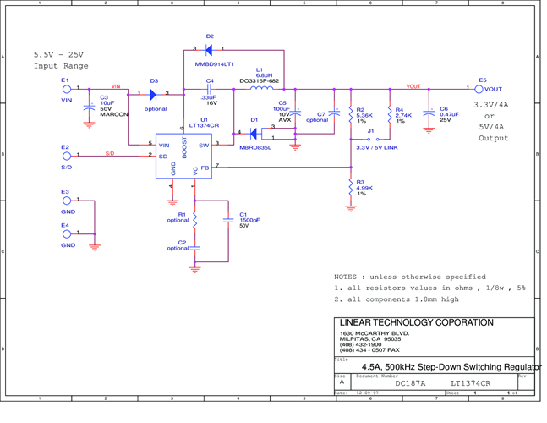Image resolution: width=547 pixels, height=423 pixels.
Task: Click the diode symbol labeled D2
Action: pos(209,50)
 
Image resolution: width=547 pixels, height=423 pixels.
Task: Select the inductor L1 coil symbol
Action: pos(262,87)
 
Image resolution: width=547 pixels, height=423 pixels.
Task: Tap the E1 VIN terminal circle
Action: pos(67,88)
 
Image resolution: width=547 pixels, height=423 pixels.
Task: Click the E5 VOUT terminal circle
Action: pos(479,89)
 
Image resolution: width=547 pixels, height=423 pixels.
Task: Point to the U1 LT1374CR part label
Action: pos(204,125)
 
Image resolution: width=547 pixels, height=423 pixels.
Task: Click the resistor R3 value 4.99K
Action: pos(364,188)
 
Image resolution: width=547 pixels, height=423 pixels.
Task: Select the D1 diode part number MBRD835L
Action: pos(255,146)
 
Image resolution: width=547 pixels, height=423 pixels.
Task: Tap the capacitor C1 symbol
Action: pos(228,220)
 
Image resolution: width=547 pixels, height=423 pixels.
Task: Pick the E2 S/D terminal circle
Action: pos(67,155)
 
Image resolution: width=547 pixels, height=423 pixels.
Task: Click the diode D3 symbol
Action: pos(153,94)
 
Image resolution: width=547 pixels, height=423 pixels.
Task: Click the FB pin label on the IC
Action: pos(205,168)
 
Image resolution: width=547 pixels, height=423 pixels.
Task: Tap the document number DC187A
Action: pos(411,383)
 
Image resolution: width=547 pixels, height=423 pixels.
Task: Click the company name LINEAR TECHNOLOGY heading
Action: pos(416,322)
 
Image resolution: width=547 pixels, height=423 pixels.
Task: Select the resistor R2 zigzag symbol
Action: pos(351,115)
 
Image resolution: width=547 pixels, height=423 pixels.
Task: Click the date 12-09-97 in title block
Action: pos(364,393)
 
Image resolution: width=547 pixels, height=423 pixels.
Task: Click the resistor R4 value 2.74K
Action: pos(403,115)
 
